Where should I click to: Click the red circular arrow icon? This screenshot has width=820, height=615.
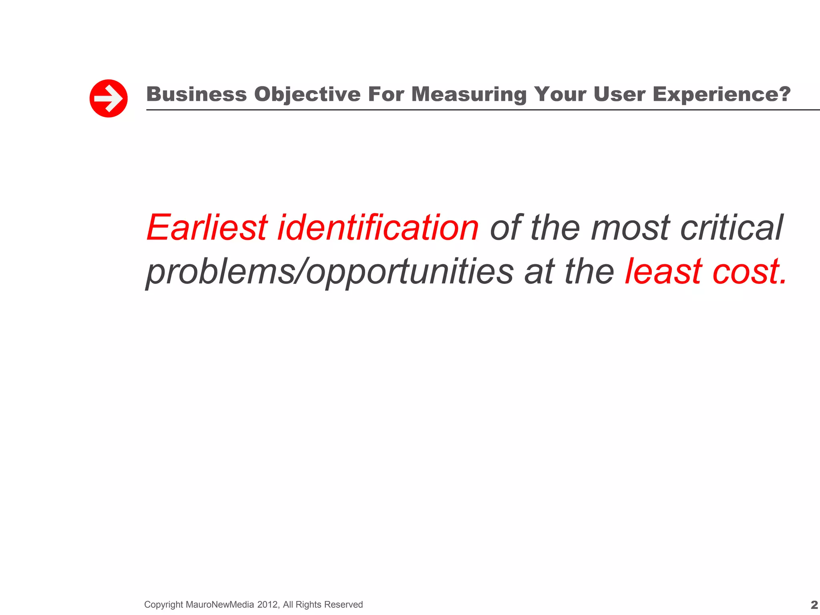pos(109,98)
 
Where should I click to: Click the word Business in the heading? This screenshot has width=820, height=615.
pos(197,94)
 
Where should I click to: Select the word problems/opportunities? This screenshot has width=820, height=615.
pos(330,272)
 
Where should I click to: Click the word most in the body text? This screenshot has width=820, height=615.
pos(630,228)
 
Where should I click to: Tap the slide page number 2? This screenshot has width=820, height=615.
pos(814,605)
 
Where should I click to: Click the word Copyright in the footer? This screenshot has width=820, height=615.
pos(163,605)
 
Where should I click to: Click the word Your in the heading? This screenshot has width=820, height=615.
pos(560,94)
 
